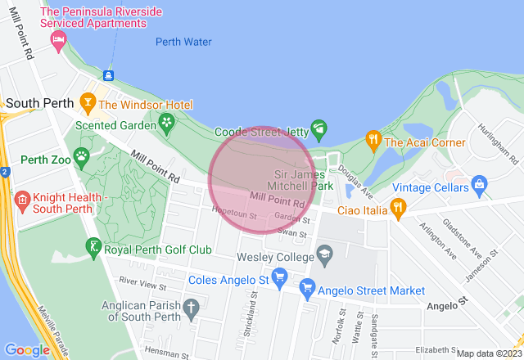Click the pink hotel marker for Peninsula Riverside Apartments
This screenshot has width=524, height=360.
pos(59,39)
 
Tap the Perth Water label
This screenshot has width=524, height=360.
pos(183,42)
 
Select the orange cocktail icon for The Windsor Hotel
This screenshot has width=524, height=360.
pos(88,104)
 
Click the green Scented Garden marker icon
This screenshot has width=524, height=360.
pos(167,124)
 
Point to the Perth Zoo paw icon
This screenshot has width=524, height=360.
pos(81,155)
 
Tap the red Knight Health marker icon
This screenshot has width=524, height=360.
pos(22,199)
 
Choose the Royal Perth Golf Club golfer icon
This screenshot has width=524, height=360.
pos(94,246)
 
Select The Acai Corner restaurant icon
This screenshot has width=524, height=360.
pos(373,140)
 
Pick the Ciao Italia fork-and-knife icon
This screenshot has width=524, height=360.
pos(398,206)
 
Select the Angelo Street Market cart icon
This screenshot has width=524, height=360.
pos(307,287)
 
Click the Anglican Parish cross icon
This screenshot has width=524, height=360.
pos(192,309)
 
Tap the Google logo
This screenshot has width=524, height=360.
pos(28,349)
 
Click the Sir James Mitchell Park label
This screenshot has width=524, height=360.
pos(303,180)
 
